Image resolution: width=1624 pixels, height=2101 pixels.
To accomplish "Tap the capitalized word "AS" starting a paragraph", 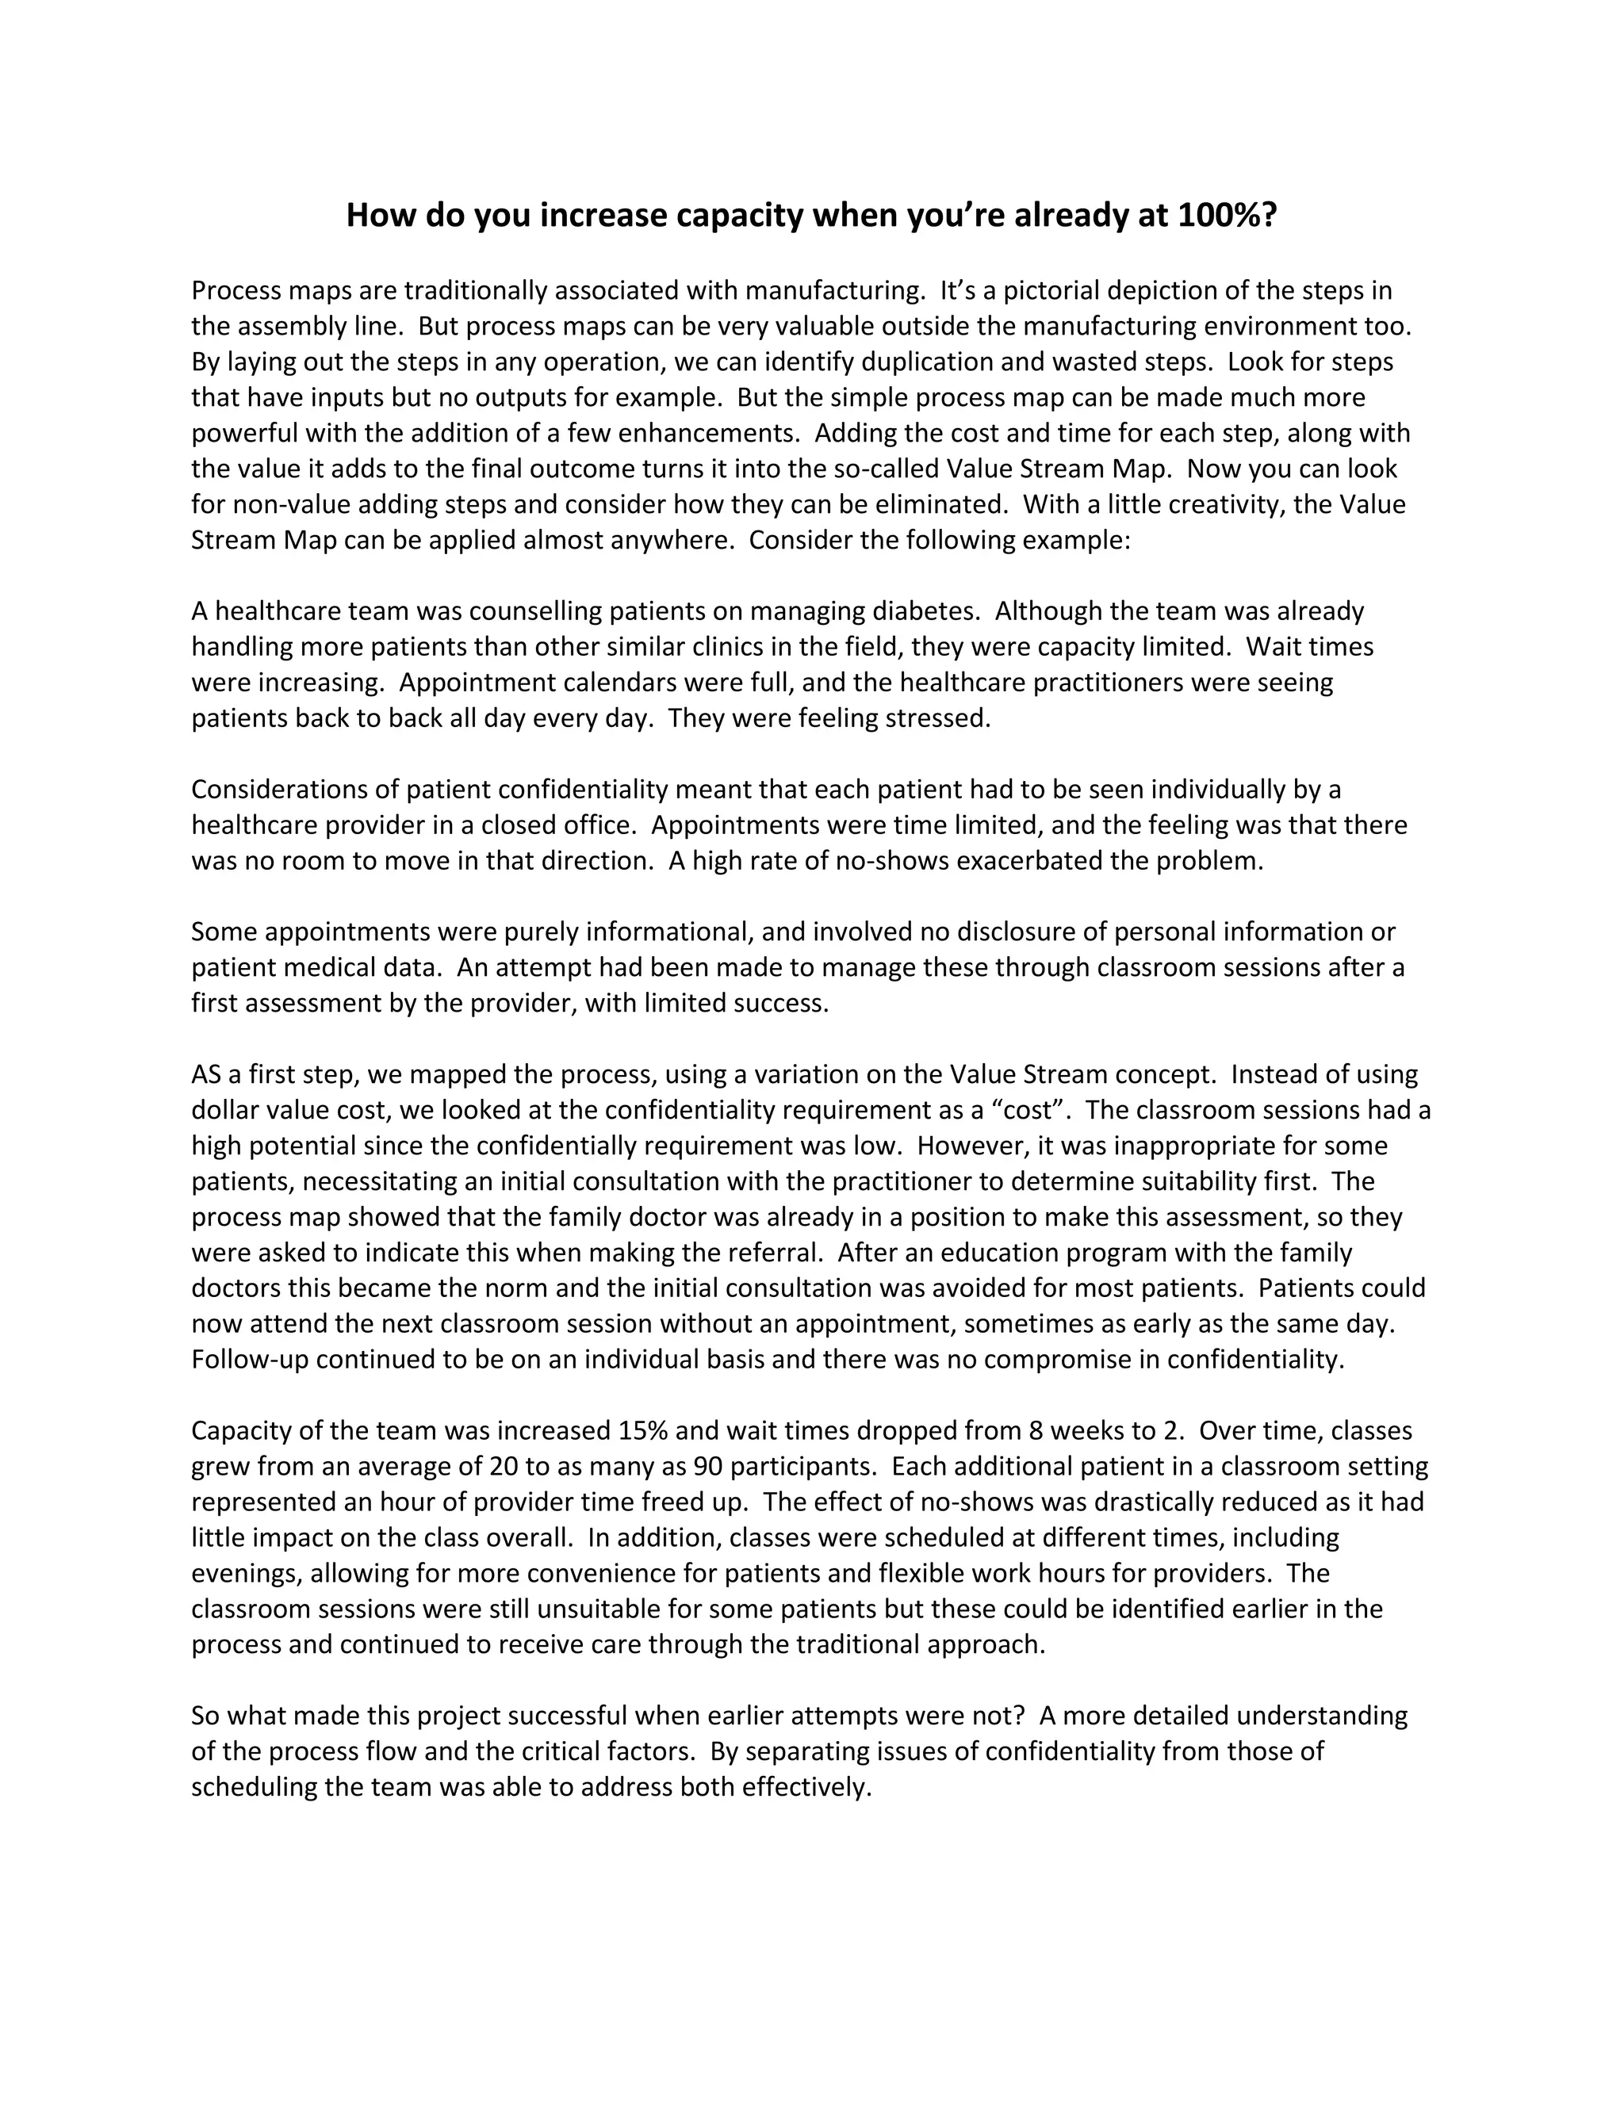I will click(x=206, y=1073).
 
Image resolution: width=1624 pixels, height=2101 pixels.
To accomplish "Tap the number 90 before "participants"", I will click(x=707, y=1466).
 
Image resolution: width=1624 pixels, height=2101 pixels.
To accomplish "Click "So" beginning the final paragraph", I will click(x=205, y=1715).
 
